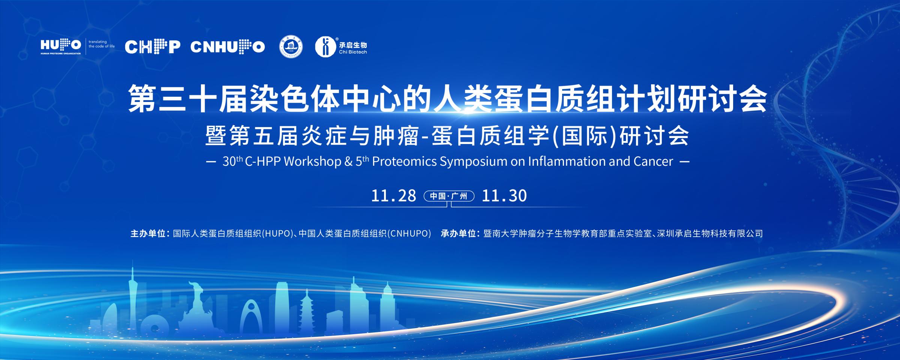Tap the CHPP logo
click(152, 47)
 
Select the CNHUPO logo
click(228, 47)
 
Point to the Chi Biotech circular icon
click(325, 47)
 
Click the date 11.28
click(393, 196)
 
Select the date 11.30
click(504, 196)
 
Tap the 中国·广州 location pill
click(449, 196)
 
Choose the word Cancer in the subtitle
click(654, 162)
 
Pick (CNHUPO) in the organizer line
click(409, 234)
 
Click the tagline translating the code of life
click(102, 44)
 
